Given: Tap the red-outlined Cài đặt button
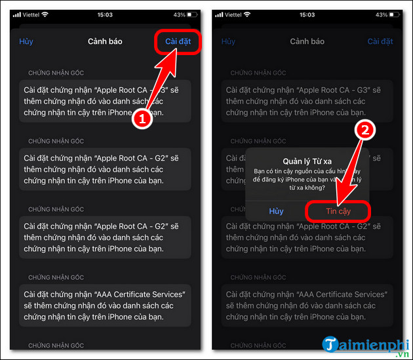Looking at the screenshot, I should (178, 41).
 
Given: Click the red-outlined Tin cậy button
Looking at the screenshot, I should (338, 210).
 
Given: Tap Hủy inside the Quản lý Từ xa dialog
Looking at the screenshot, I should (276, 210).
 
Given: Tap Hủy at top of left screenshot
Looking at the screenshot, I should (26, 41).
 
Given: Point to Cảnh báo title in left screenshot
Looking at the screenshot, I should (106, 41).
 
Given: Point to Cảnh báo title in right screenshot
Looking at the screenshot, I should (307, 41).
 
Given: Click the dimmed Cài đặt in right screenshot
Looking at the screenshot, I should (380, 41).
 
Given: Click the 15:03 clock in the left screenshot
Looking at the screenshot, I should (105, 14).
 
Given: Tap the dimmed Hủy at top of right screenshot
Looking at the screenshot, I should (228, 41).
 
